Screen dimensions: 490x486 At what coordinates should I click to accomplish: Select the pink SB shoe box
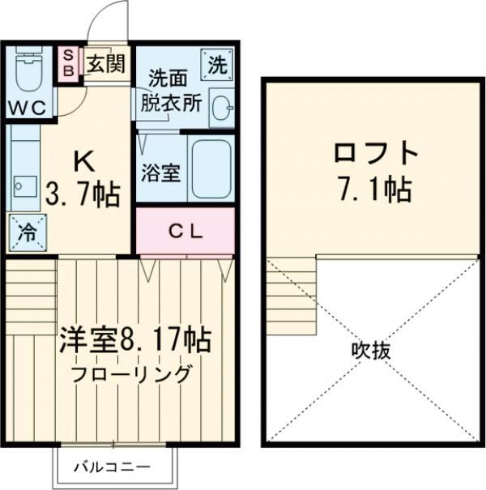click(x=69, y=62)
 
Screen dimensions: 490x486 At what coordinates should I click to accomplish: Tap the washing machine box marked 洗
click(x=217, y=64)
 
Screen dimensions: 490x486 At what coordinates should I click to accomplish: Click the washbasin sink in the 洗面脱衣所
click(x=220, y=107)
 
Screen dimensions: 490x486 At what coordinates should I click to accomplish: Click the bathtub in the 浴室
click(x=211, y=168)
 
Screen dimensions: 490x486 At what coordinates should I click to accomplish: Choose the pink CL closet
click(x=185, y=230)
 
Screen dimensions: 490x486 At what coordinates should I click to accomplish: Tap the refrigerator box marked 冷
click(x=26, y=233)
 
